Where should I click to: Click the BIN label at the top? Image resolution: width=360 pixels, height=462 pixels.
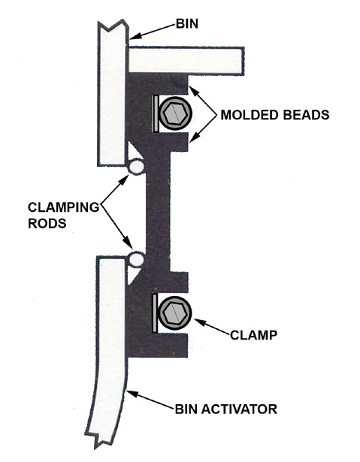click(x=187, y=24)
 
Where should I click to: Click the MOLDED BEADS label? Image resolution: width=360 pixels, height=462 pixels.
click(x=275, y=115)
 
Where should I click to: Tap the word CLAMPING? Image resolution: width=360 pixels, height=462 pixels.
click(x=63, y=207)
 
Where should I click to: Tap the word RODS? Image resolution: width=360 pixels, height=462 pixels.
click(x=47, y=223)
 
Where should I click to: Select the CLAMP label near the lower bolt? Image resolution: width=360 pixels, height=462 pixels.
click(x=253, y=335)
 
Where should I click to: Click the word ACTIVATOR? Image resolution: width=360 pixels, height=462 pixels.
click(x=240, y=409)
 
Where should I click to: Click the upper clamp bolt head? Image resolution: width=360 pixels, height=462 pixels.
click(x=175, y=113)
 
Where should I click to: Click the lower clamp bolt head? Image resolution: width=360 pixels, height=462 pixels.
click(x=175, y=313)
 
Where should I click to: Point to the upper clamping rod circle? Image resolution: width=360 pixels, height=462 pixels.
click(x=136, y=167)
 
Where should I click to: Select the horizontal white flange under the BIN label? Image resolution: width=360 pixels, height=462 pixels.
click(x=186, y=59)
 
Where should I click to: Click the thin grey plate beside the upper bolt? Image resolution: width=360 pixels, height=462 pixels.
click(x=155, y=113)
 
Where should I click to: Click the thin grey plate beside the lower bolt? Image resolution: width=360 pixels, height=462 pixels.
click(x=155, y=313)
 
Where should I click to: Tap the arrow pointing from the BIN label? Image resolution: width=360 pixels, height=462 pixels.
click(x=153, y=32)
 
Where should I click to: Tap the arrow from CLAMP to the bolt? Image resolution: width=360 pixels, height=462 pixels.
click(x=212, y=327)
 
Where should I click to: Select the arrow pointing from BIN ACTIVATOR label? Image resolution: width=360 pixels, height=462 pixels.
click(x=150, y=400)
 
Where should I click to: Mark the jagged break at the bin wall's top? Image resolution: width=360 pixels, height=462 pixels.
click(x=113, y=26)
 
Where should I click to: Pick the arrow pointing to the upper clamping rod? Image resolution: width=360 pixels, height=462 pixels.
click(x=115, y=188)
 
